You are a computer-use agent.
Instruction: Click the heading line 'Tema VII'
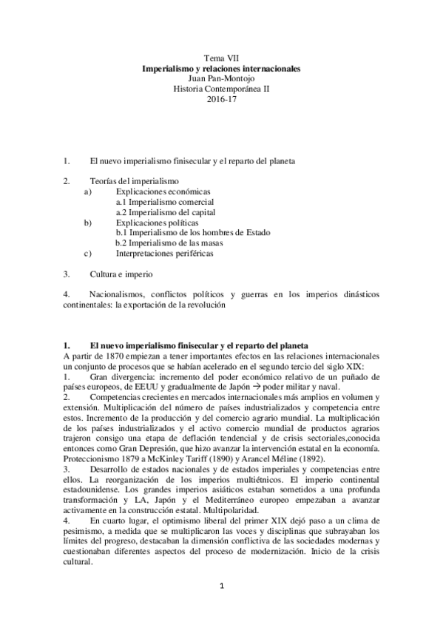221,57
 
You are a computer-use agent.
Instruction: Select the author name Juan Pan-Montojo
221,78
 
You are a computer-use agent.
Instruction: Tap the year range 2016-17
221,98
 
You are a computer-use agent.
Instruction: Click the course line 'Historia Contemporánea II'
221,88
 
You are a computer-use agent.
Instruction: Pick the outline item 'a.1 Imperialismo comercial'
165,201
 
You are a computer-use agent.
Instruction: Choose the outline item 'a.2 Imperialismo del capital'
166,211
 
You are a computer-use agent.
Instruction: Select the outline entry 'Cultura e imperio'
123,274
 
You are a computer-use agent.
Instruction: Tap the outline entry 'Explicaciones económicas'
158,191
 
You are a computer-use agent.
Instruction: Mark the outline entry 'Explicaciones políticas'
152,222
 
